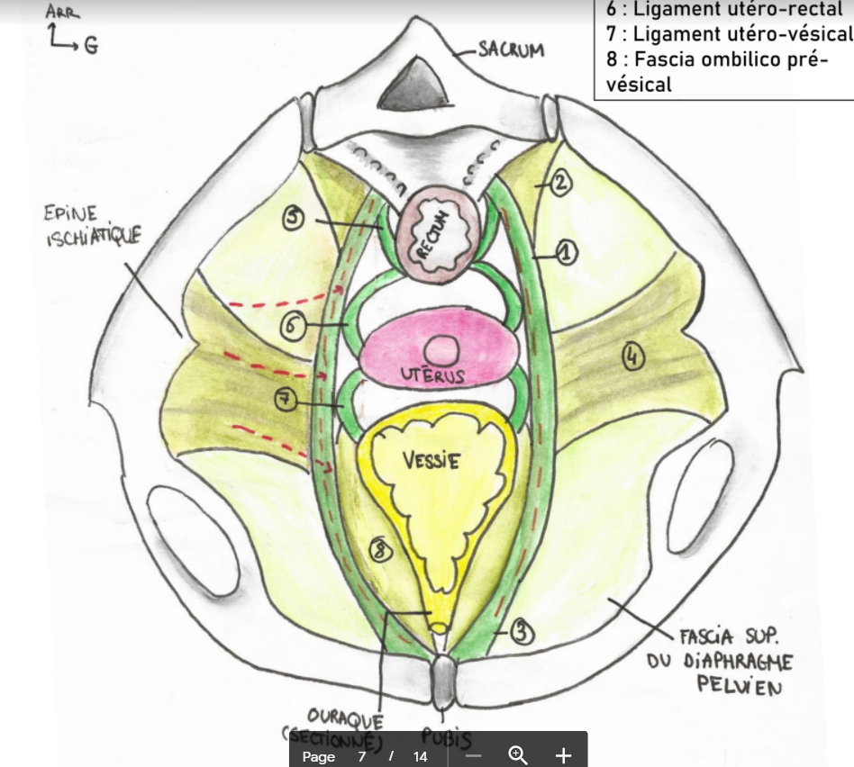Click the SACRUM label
click(x=511, y=50)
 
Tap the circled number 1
click(x=566, y=254)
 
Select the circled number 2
click(x=559, y=184)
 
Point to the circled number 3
click(x=521, y=634)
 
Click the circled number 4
click(x=633, y=357)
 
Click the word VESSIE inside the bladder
click(x=431, y=462)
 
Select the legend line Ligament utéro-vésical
click(x=729, y=34)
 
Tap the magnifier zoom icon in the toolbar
click(x=518, y=754)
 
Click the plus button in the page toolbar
click(x=563, y=754)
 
